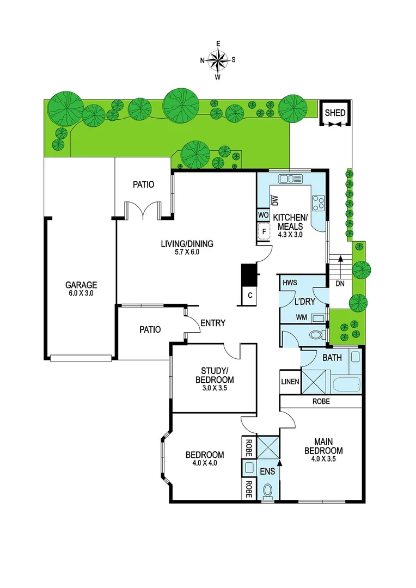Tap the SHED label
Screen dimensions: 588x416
pyautogui.click(x=334, y=113)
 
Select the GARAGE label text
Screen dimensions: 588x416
pyautogui.click(x=81, y=285)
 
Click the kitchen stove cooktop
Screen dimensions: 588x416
pyautogui.click(x=317, y=203)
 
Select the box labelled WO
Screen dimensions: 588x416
pyautogui.click(x=263, y=216)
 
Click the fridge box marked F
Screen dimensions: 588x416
pyautogui.click(x=264, y=232)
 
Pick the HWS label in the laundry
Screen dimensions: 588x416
pyautogui.click(x=289, y=284)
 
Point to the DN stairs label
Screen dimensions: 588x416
pyautogui.click(x=339, y=284)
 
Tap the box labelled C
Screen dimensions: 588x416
pyautogui.click(x=250, y=295)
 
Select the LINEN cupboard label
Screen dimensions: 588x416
pyautogui.click(x=290, y=382)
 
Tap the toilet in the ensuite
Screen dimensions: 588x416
pyautogui.click(x=267, y=491)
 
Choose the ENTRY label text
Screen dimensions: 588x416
pyautogui.click(x=212, y=323)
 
